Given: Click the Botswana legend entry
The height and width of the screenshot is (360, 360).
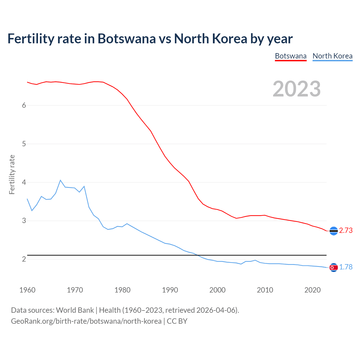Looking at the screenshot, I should point(291,56).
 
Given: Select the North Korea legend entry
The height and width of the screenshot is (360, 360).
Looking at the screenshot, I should point(332,56).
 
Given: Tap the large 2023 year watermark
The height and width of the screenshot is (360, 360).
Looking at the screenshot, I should point(297,89).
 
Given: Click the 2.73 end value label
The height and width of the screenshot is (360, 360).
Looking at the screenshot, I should point(346,230).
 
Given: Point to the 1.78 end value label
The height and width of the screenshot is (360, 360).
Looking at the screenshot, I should point(346,267).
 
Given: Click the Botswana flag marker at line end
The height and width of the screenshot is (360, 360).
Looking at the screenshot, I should point(334,231).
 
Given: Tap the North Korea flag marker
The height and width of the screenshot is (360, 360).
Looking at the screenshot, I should point(334,267).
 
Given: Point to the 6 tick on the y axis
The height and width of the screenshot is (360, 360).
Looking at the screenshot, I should point(24,105).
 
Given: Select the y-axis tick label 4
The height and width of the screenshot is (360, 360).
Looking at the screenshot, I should point(24,182).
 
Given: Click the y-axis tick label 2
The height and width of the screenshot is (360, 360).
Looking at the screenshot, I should point(24,259).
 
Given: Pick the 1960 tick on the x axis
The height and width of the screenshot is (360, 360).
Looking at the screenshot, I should point(27,290).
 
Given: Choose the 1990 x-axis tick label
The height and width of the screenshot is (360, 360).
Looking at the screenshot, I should point(170,290).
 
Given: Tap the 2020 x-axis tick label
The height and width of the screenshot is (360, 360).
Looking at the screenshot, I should point(312,290).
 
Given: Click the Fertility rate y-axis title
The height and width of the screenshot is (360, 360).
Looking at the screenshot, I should point(12,174).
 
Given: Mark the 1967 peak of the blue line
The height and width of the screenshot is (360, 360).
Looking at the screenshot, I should point(60,180).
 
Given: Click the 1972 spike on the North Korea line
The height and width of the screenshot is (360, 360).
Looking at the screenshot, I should point(84,186).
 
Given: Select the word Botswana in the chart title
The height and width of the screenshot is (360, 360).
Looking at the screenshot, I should point(126,39).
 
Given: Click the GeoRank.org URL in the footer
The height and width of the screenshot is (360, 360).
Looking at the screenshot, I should point(86,321).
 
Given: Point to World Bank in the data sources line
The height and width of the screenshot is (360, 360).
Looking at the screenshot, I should point(75,310).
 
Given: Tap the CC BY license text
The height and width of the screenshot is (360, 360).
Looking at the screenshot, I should point(177,321).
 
